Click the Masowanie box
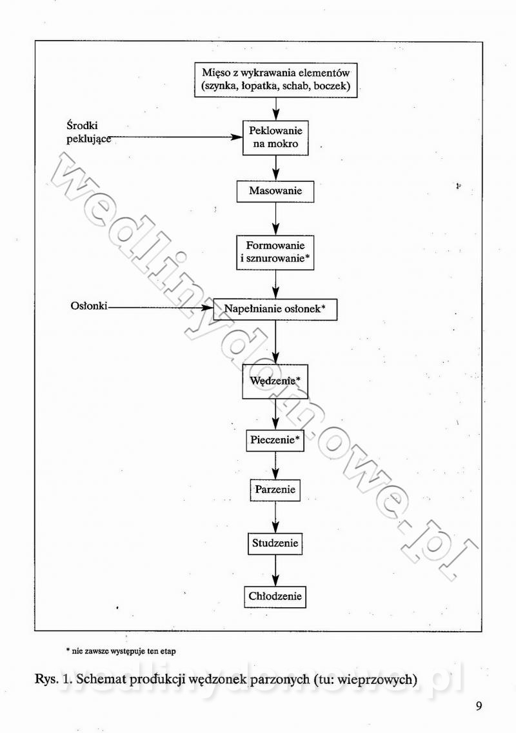click(275, 192)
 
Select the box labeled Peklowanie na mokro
click(276, 138)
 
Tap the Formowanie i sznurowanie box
click(275, 252)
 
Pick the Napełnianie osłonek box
click(275, 310)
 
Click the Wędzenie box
click(275, 381)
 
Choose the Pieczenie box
click(275, 440)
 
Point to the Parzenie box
click(275, 490)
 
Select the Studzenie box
click(275, 544)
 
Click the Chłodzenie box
click(275, 597)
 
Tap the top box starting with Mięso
click(276, 81)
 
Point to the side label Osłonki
click(89, 306)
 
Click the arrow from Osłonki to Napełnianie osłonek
click(161, 308)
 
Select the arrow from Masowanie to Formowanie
click(276, 219)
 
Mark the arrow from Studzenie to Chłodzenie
click(275, 570)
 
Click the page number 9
click(479, 706)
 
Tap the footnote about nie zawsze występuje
click(121, 650)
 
